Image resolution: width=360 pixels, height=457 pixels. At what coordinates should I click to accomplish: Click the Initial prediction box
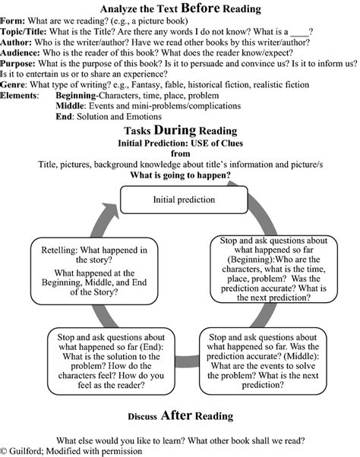click(183, 200)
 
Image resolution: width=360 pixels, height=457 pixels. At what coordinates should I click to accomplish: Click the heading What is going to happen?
click(180, 175)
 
